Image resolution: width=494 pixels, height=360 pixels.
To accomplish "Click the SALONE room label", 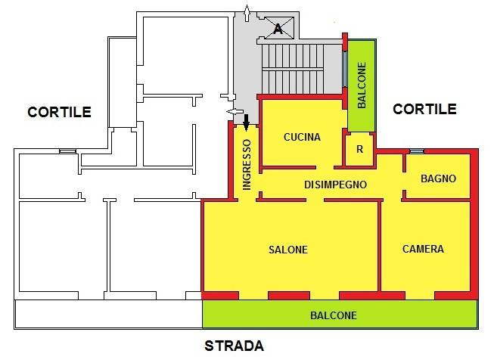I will tap(287, 250).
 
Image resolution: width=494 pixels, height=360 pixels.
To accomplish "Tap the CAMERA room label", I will tap(423, 249).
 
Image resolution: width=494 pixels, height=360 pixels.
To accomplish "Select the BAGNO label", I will tap(438, 179).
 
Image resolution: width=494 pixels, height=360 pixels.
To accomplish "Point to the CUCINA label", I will tap(302, 138).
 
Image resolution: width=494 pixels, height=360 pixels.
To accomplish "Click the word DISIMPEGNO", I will tap(335, 184).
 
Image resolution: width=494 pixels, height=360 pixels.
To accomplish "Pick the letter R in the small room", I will tap(359, 149).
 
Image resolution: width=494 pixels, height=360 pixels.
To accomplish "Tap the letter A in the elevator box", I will tap(278, 29).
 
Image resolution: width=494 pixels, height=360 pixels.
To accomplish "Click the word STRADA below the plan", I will tap(235, 347).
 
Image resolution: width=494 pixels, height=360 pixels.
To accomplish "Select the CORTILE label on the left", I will tap(59, 112).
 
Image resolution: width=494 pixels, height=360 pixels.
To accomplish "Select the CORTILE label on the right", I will tap(424, 109).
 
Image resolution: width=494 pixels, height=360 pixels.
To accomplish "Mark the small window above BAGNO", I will tap(415, 151).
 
